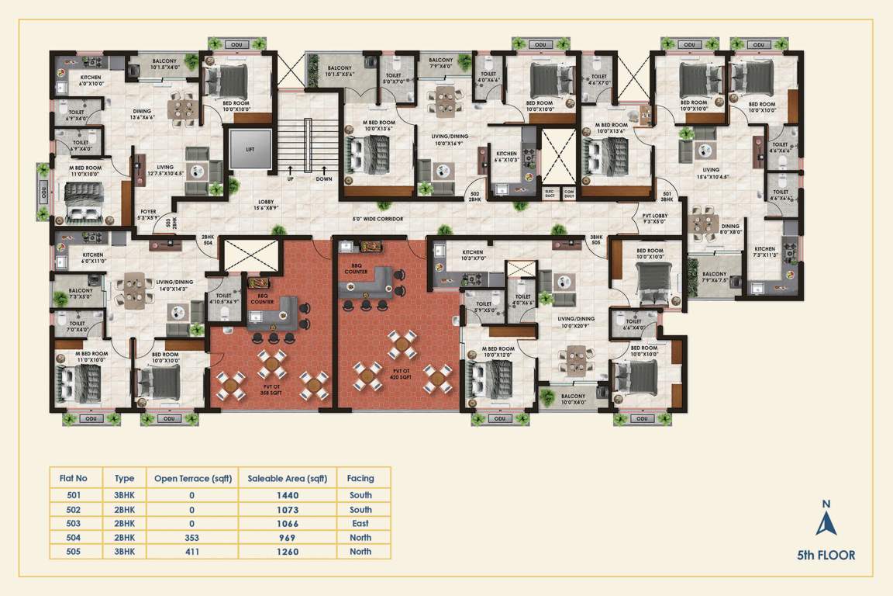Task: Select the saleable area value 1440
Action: click(x=287, y=495)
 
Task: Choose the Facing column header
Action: click(x=360, y=479)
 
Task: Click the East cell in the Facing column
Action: click(x=360, y=524)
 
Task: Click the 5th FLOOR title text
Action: click(x=826, y=556)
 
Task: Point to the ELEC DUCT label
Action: click(x=550, y=193)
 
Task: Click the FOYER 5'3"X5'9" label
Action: click(x=148, y=214)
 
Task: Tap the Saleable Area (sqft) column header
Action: click(x=287, y=479)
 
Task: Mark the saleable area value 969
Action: click(x=287, y=538)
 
